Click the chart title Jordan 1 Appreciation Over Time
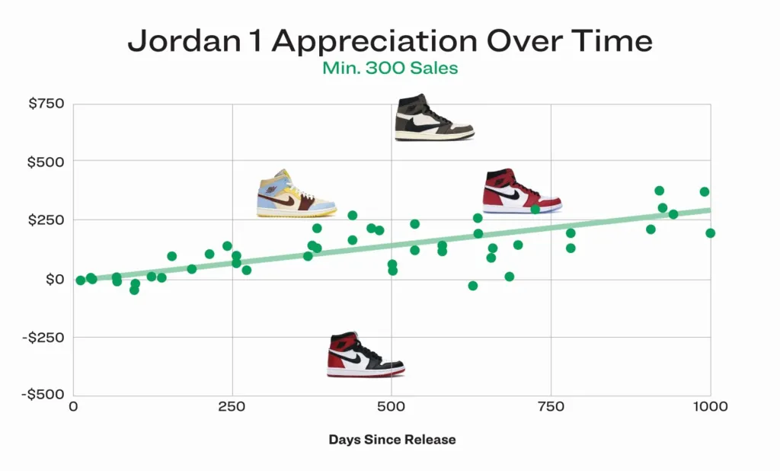coord(389,40)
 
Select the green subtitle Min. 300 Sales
coord(389,68)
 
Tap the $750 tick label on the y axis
coord(46,103)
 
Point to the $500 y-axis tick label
coord(46,162)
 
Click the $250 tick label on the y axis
coord(46,220)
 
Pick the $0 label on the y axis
coord(54,279)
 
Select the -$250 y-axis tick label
coord(44,337)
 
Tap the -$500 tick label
coord(44,395)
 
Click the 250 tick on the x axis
coord(232,406)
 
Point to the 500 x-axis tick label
coord(392,406)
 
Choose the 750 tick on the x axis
coord(551,406)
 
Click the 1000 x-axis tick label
coord(710,406)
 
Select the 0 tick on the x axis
coord(73,406)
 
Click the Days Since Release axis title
coord(392,440)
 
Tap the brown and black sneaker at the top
coord(433,117)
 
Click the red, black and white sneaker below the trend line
coord(365,355)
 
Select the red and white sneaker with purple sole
coord(522,191)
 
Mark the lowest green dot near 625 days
coord(473,286)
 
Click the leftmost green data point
coord(81,280)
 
